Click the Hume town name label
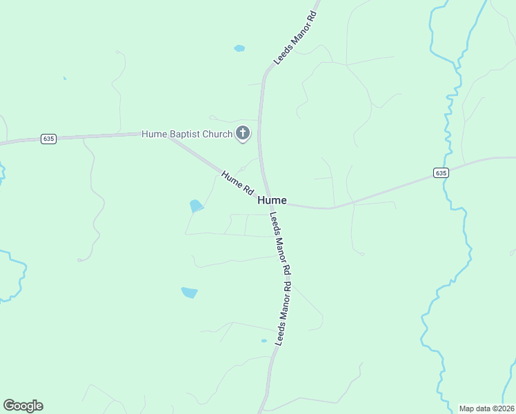click(272, 200)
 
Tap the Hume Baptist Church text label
click(187, 134)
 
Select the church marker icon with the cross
click(242, 133)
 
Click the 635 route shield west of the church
click(48, 139)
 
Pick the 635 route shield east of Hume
click(441, 172)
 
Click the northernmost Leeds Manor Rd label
click(295, 38)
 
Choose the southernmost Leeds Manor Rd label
click(284, 314)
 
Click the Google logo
click(23, 406)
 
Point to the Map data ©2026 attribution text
click(486, 408)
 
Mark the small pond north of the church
click(239, 48)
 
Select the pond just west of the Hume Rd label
click(197, 206)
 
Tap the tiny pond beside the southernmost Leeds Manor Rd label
click(264, 341)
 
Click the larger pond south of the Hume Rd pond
click(189, 293)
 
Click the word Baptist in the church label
click(186, 134)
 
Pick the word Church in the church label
click(217, 134)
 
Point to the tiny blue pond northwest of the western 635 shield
click(64, 79)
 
